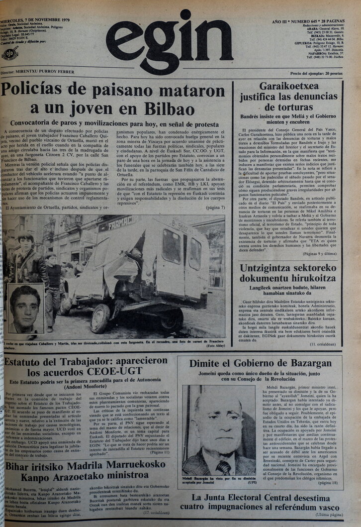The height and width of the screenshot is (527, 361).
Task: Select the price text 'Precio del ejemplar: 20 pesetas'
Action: pos(316,74)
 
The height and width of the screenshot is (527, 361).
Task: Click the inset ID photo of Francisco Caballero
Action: pos(25,308)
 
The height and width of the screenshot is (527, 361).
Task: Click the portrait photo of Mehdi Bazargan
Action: pos(218,429)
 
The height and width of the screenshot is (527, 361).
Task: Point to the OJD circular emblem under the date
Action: pos(10,53)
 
